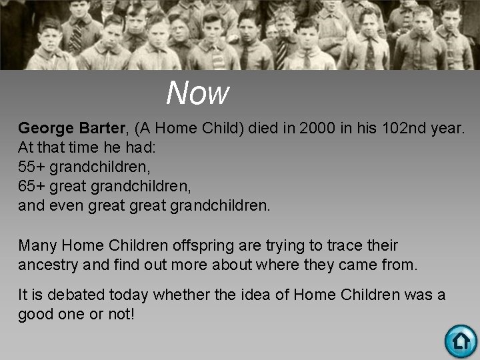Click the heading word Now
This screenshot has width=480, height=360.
[x=198, y=93]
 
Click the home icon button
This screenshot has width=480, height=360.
[x=461, y=341]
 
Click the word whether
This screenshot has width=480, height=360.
[x=177, y=294]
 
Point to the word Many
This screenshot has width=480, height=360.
[x=37, y=245]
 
